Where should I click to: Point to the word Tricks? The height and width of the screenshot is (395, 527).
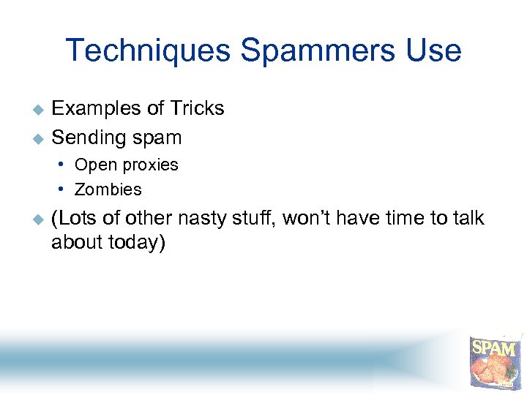click(x=197, y=109)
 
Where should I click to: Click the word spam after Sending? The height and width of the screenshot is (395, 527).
click(x=159, y=138)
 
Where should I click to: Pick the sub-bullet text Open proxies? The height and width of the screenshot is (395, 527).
click(x=126, y=165)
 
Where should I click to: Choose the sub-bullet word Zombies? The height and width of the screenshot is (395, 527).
click(x=108, y=189)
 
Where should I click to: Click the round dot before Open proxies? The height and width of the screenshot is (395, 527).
click(x=66, y=165)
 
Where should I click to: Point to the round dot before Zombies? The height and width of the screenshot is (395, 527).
click(x=66, y=189)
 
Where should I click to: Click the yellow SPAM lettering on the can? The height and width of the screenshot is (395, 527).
click(x=494, y=347)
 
